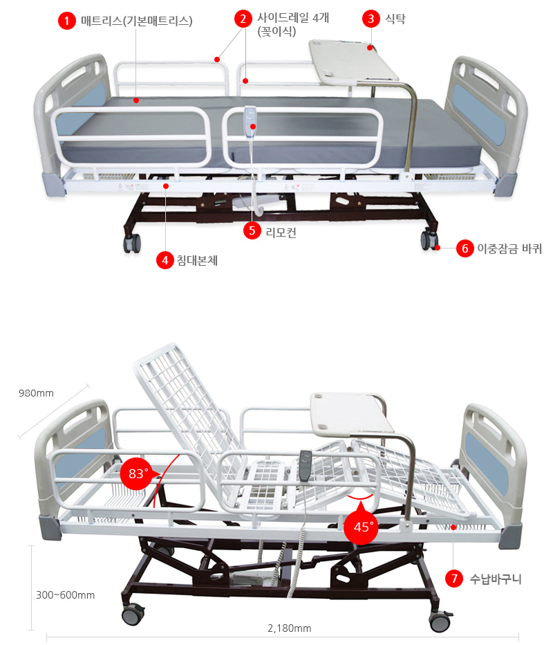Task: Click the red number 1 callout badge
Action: [x=66, y=21]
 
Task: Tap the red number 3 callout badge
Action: [x=371, y=19]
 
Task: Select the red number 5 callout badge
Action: [x=252, y=231]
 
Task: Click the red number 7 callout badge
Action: [x=453, y=579]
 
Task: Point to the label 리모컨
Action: [x=281, y=232]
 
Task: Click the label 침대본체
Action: [x=197, y=261]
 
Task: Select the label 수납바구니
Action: [x=495, y=579]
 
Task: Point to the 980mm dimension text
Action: [x=36, y=394]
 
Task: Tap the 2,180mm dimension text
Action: [x=289, y=628]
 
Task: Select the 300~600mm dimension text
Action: [x=66, y=594]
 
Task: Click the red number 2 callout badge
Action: [x=243, y=19]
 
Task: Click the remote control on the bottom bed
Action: [x=305, y=465]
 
